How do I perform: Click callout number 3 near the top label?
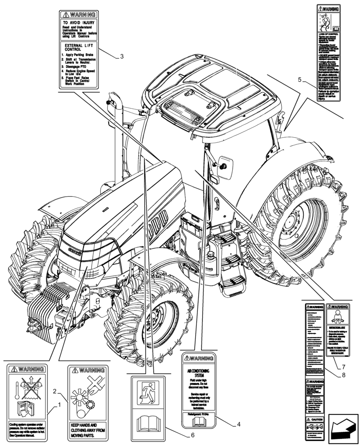(122, 56)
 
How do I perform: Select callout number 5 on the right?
(300, 80)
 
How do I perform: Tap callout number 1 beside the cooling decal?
(59, 405)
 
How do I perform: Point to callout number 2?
(54, 392)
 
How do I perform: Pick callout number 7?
(344, 367)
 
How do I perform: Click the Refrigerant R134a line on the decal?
(199, 414)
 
